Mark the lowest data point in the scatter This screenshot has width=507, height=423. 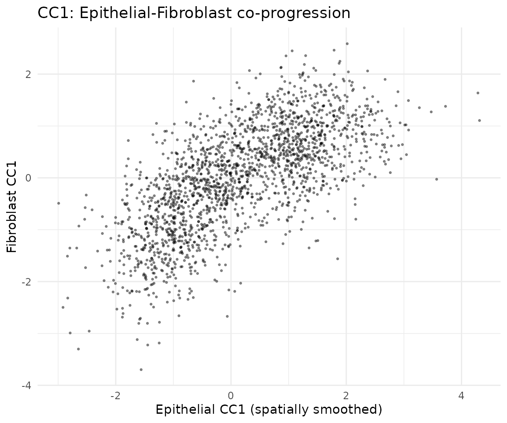pos(141,369)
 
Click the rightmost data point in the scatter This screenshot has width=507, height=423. pos(479,120)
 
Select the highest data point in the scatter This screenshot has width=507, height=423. pos(347,44)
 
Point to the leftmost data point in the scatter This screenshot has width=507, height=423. pos(58,203)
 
